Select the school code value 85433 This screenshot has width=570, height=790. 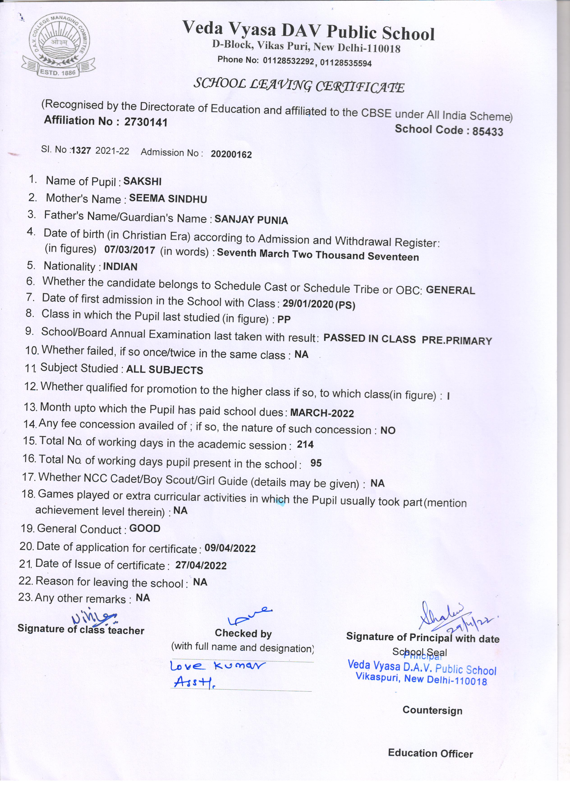pos(487,131)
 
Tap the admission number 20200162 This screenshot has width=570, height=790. pos(231,154)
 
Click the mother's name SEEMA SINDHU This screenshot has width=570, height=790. pos(168,199)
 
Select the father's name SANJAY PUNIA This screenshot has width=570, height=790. pos(251,220)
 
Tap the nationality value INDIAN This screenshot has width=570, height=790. pos(120,267)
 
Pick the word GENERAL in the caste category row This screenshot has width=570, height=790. pos(450,290)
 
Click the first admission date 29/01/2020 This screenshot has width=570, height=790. pos(308,304)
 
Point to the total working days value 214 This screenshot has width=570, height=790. pos(305,444)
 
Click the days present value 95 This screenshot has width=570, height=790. pos(316,463)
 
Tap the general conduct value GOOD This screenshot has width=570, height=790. pos(145,528)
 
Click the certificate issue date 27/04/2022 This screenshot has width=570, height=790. pos(201,565)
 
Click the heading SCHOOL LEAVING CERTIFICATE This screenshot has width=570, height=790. pos(299,85)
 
